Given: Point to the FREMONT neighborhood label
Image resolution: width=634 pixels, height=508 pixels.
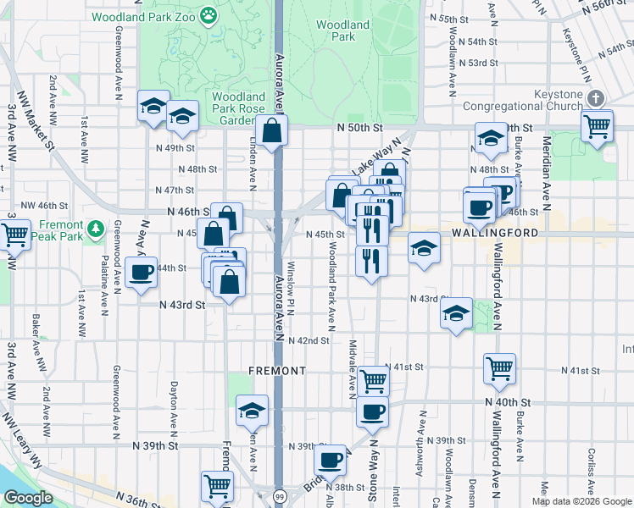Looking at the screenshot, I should (276, 371).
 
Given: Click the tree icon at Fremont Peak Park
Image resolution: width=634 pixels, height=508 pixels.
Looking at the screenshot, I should (97, 229).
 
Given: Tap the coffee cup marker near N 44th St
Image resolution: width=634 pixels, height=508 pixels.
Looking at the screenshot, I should (141, 273).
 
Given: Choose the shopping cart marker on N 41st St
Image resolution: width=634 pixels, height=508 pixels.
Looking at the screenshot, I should (499, 368).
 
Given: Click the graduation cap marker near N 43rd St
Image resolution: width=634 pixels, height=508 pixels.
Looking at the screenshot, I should (456, 314).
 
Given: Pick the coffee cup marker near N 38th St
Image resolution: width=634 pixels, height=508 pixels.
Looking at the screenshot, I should (331, 461).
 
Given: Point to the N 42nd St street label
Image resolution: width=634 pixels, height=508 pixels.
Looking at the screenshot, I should (309, 340).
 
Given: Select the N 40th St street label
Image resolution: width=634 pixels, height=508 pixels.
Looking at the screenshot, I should (508, 402).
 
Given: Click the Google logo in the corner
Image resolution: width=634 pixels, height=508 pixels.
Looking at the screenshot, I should (28, 498).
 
